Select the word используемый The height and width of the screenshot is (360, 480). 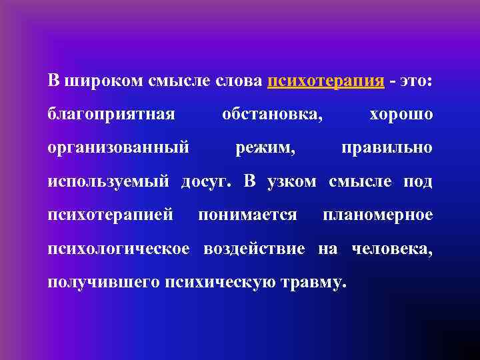click(x=110, y=182)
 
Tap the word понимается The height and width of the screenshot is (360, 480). click(x=248, y=215)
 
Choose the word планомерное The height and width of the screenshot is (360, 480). click(x=378, y=215)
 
